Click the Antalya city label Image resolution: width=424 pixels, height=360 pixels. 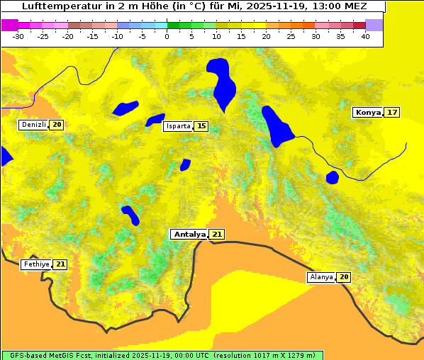click(189, 234)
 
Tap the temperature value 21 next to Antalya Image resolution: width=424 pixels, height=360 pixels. click(217, 234)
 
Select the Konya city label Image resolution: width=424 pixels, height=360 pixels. click(368, 113)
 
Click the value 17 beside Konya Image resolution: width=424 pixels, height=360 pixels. click(392, 113)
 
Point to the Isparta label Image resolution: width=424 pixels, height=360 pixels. click(178, 126)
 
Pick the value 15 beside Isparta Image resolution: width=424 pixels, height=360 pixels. click(201, 126)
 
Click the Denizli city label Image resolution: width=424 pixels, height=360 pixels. click(33, 125)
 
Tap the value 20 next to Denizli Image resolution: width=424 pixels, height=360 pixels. click(57, 125)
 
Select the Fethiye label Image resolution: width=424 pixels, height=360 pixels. click(35, 264)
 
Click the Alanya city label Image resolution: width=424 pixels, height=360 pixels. click(321, 277)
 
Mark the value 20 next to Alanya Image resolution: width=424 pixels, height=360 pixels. click(344, 277)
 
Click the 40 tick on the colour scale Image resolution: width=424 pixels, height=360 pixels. click(365, 36)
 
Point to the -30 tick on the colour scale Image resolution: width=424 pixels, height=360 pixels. click(18, 36)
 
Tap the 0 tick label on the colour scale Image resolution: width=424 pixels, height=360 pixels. click(167, 36)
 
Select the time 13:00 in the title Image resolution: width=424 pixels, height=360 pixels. click(330, 6)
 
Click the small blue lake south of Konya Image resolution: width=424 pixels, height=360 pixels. click(333, 177)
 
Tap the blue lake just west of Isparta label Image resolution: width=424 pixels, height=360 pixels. click(155, 120)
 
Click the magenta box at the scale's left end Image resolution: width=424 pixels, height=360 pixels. click(9, 25)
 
